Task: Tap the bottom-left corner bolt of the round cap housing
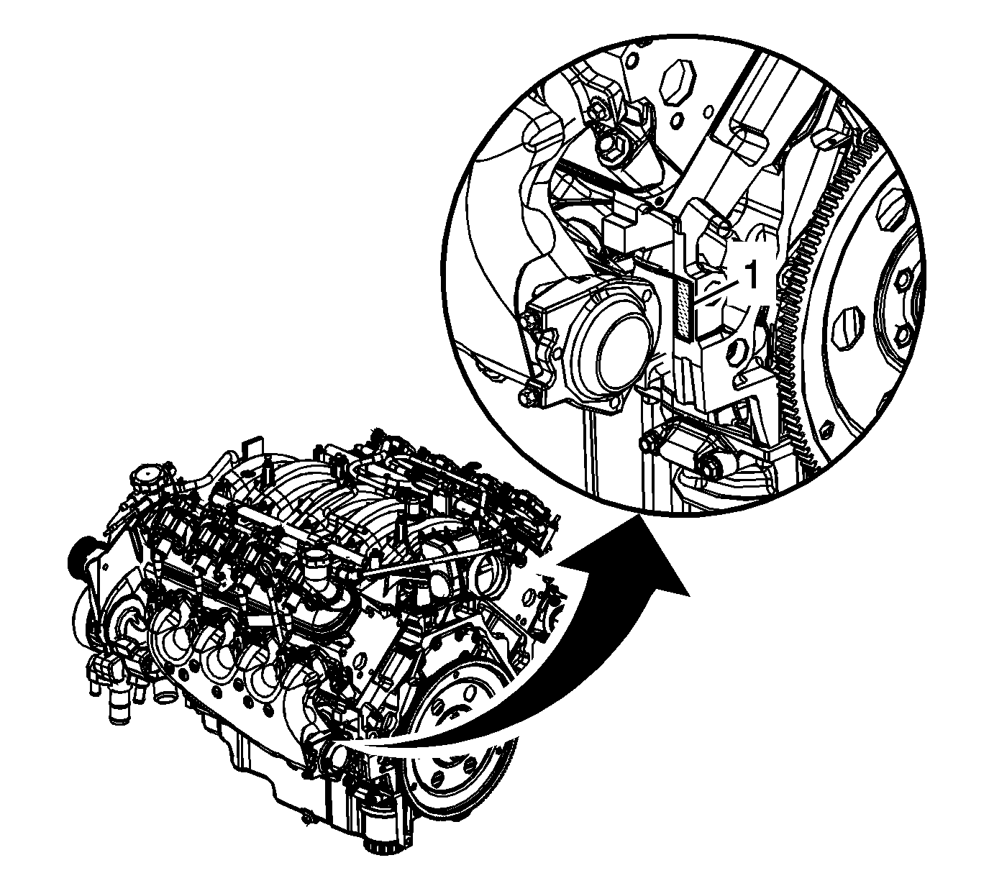(527, 396)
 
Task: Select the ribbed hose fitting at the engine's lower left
(118, 707)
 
